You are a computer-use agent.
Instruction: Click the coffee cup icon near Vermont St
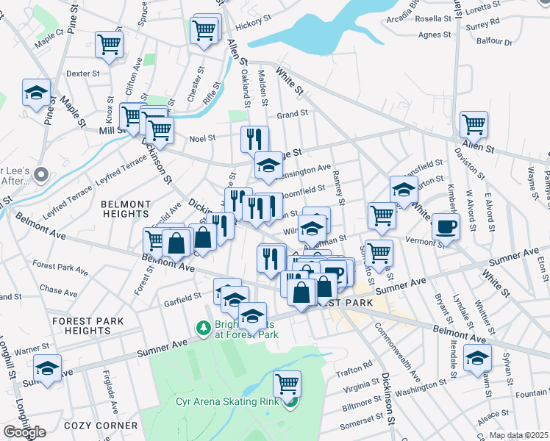click(446, 226)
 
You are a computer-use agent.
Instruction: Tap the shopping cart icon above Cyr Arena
click(287, 384)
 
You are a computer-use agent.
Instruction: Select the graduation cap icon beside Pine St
click(36, 93)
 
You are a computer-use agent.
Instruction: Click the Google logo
click(24, 432)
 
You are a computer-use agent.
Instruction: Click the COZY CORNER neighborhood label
click(109, 426)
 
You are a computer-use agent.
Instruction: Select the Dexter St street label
click(82, 73)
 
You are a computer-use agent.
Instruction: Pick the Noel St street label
click(201, 137)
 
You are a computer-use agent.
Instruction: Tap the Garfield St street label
click(182, 297)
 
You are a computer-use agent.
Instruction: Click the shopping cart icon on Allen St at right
click(474, 123)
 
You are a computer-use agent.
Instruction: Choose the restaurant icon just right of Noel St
click(254, 138)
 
